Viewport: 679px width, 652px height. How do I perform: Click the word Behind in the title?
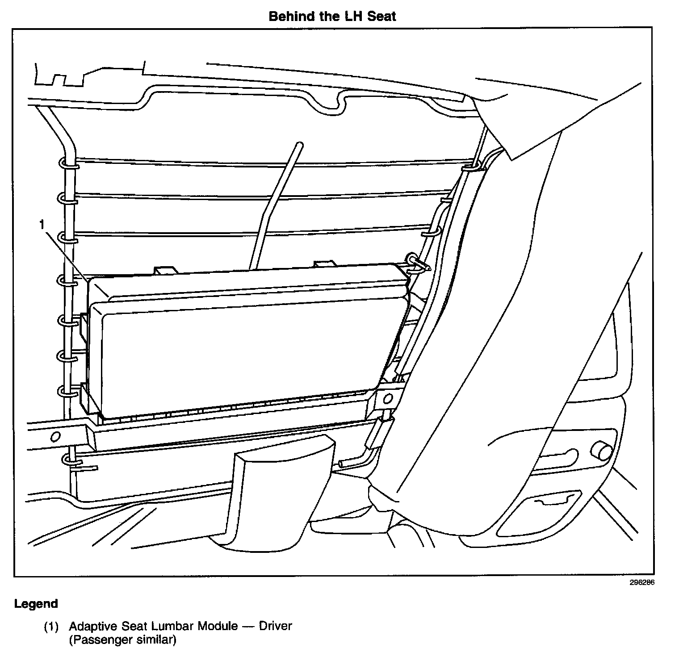[288, 17]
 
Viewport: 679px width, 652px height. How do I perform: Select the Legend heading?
[36, 604]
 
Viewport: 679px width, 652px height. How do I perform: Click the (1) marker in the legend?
[50, 627]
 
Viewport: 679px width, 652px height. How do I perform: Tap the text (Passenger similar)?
[122, 640]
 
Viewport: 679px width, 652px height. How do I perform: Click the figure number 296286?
[641, 582]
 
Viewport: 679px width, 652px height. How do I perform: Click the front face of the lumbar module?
[246, 353]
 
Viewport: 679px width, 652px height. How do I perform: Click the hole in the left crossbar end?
[55, 436]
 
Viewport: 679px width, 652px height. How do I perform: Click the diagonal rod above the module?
[277, 201]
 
